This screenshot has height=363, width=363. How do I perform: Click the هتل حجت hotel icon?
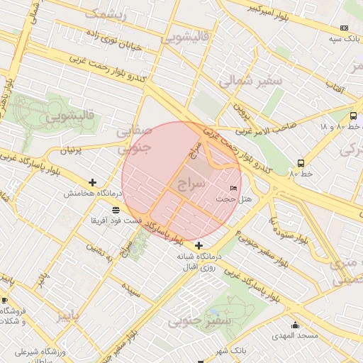(x=234, y=188)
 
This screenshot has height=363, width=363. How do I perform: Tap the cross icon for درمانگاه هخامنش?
(x=93, y=182)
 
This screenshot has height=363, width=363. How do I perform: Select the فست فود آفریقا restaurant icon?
(x=116, y=210)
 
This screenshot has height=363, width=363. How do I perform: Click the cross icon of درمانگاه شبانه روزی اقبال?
(x=199, y=245)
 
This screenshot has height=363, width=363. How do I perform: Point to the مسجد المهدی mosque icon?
(x=295, y=325)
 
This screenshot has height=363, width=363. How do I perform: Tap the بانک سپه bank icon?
(x=344, y=28)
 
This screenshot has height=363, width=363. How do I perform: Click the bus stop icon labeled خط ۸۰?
(x=301, y=162)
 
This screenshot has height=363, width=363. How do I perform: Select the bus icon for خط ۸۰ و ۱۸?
(x=353, y=116)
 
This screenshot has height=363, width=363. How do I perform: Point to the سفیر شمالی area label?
(x=250, y=81)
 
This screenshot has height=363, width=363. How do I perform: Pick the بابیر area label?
(x=74, y=316)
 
